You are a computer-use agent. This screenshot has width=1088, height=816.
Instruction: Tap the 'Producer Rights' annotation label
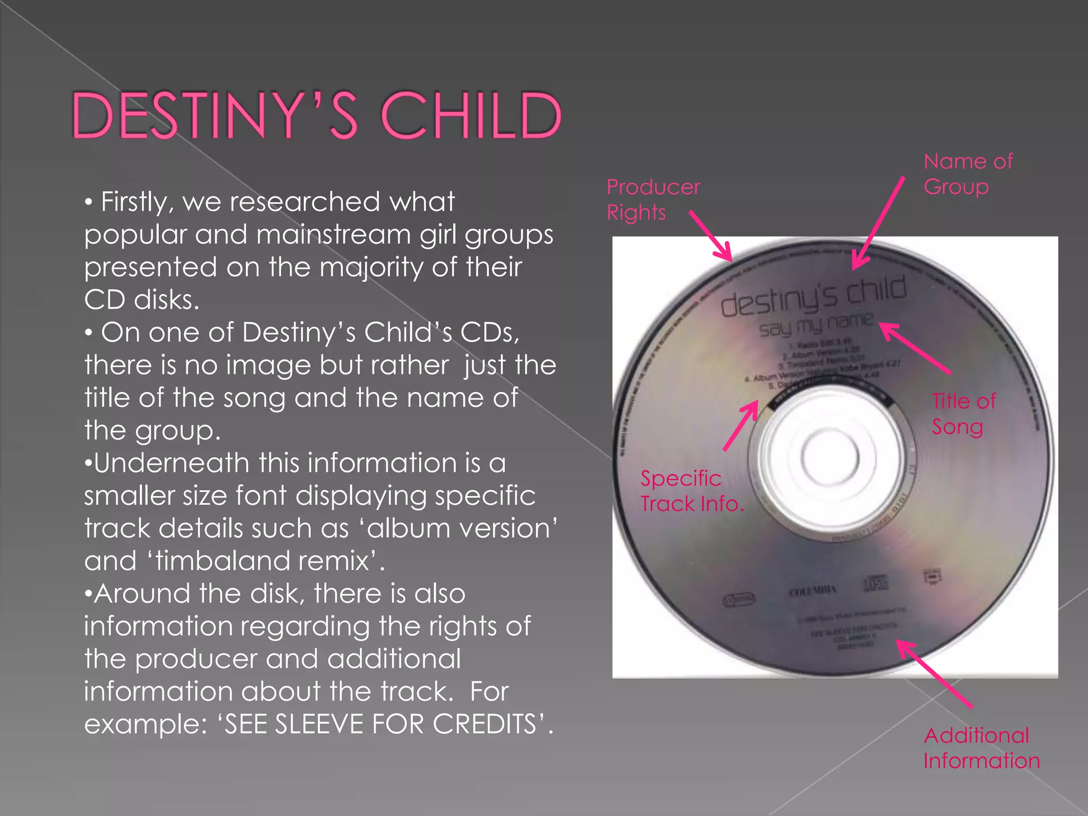pyautogui.click(x=653, y=200)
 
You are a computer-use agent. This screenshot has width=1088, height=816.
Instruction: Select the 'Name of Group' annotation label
pyautogui.click(x=967, y=174)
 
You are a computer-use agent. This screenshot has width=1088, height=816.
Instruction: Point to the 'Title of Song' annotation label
pyautogui.click(x=963, y=414)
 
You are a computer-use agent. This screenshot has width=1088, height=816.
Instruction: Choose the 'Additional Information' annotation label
pyautogui.click(x=981, y=748)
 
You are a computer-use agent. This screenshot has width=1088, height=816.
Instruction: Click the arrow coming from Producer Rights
pyautogui.click(x=711, y=236)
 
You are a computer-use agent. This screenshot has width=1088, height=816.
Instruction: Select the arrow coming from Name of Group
pyautogui.click(x=878, y=223)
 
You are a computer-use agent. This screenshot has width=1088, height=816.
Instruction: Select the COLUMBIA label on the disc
pyautogui.click(x=813, y=590)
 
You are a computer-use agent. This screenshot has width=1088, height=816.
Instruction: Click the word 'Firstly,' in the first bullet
pyautogui.click(x=137, y=202)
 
